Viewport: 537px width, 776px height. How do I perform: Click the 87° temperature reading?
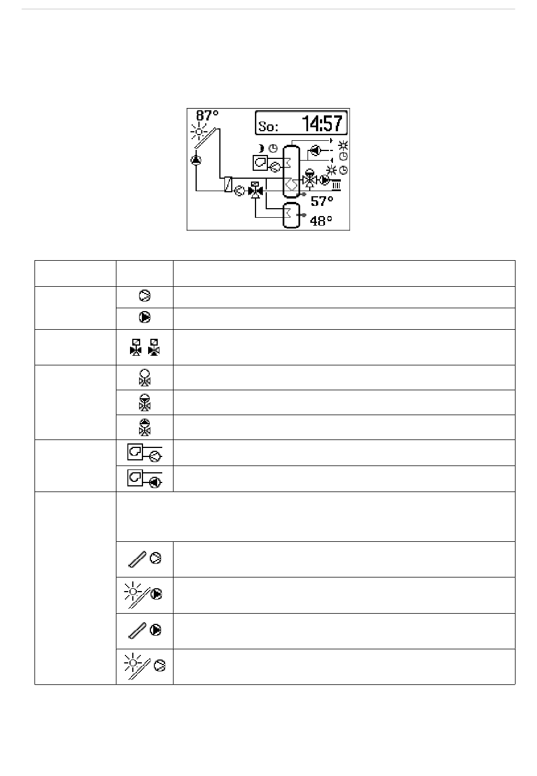pos(207,115)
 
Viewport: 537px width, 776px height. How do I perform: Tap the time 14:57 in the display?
pos(323,123)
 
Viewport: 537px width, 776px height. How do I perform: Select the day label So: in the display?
pos(268,126)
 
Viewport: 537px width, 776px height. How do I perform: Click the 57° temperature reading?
pos(322,201)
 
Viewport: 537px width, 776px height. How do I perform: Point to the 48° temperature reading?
pos(321,221)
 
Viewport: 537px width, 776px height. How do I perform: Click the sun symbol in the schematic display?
pos(198,132)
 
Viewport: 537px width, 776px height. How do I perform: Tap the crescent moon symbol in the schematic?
pos(261,148)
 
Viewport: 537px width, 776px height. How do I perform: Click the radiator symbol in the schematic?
pos(336,184)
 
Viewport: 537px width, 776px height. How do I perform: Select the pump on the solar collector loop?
pos(196,160)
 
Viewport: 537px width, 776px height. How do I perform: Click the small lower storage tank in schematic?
pos(291,215)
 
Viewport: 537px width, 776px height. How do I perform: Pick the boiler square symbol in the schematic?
pos(259,163)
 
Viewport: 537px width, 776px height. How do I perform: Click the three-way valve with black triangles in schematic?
pos(255,191)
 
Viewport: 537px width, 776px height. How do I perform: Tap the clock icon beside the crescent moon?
pos(273,148)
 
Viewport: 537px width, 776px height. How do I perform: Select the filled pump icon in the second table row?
pos(145,318)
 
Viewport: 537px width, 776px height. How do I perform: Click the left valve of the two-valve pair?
pos(136,347)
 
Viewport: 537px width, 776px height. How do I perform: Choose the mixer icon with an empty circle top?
pos(145,377)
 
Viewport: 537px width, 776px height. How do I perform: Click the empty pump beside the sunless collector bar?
pos(156,558)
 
